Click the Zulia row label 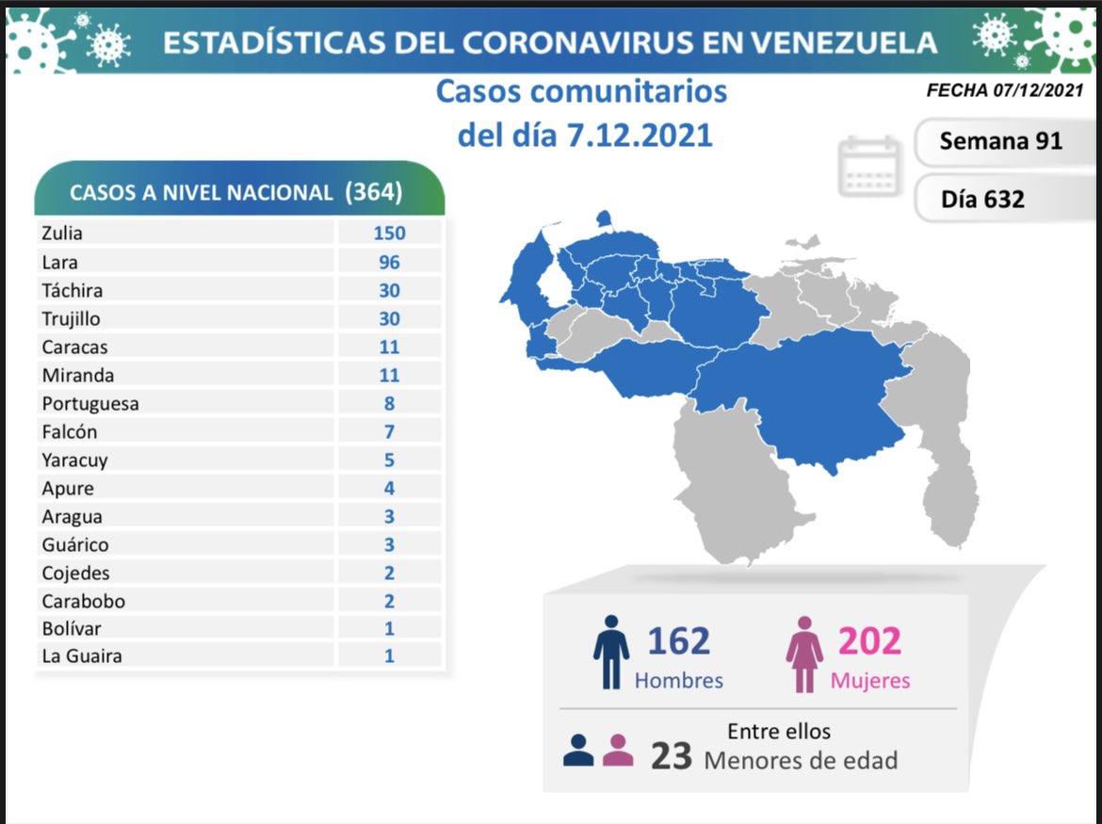(x=62, y=234)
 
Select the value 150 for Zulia (x=389, y=234)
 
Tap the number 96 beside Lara (x=389, y=262)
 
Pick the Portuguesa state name (x=90, y=403)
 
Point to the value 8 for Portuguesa (x=389, y=403)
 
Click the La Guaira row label (x=82, y=656)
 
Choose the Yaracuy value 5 (x=389, y=460)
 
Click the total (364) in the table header (x=373, y=191)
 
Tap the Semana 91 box (x=1000, y=141)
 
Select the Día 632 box (x=982, y=199)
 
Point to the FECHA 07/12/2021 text (x=1005, y=91)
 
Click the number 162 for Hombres (x=678, y=640)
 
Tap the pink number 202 (x=869, y=640)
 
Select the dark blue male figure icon (x=611, y=652)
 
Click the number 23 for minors (x=672, y=755)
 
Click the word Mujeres (x=870, y=680)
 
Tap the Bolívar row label (x=72, y=628)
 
